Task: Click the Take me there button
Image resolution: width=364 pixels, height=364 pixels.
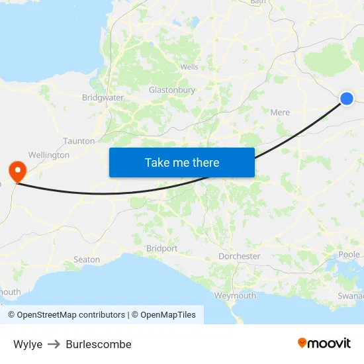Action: tap(182, 162)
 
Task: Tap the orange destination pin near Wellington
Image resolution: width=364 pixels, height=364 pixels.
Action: tap(16, 171)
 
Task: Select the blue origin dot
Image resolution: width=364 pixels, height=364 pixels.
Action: tap(347, 99)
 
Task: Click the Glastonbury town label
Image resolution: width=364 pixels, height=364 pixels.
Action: tap(171, 90)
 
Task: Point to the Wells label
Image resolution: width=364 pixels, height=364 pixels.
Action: tap(189, 67)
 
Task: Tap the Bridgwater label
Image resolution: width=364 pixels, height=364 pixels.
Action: tap(103, 98)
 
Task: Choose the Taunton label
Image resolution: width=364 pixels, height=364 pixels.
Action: tap(79, 141)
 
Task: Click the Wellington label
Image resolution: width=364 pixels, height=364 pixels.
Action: tap(49, 155)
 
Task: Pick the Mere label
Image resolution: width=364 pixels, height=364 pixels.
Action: tap(280, 113)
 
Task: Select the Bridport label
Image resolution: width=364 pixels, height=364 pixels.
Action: tap(161, 249)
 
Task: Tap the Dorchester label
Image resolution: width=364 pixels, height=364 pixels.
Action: tap(240, 256)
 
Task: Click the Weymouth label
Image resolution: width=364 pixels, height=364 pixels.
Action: tap(235, 296)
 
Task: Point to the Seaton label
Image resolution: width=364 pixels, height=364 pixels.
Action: tap(87, 259)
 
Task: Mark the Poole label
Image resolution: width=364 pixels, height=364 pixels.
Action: tap(349, 255)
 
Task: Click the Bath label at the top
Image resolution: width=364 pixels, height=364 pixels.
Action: tap(257, 3)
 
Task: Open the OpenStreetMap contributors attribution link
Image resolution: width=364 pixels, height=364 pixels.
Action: tap(71, 315)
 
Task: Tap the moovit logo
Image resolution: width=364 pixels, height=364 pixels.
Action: tap(324, 343)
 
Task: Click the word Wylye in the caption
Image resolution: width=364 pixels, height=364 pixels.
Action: tap(28, 344)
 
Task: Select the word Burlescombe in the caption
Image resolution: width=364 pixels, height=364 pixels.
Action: tap(99, 344)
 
